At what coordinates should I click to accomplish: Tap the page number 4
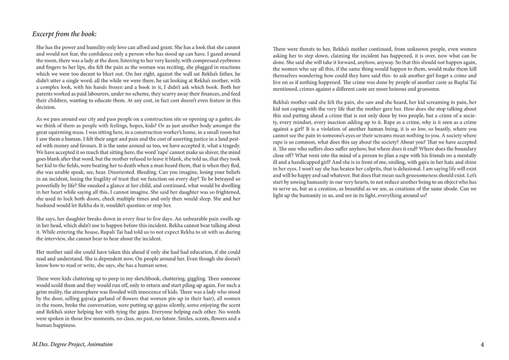[482, 344]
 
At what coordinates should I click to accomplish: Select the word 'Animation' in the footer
[99, 344]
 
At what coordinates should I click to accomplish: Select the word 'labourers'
[92, 94]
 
